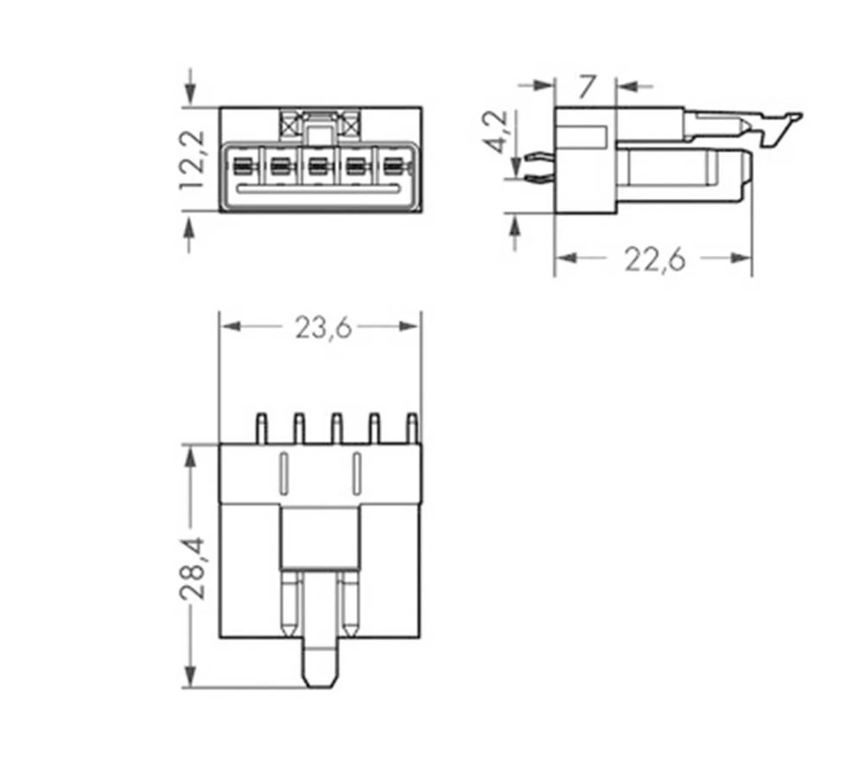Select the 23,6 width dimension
322,328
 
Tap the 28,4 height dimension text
193,568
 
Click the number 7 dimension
587,86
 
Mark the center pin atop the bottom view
336,427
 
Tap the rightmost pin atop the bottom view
412,427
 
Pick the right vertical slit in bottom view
356,472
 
